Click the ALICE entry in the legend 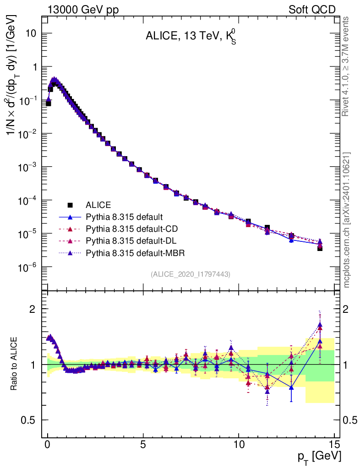[98, 204]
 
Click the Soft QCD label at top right [312, 10]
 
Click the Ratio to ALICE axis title [15, 364]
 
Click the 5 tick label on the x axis [143, 444]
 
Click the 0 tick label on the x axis [48, 444]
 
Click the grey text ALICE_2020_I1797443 [190, 274]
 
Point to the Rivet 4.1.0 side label [347, 66]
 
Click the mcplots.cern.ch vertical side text [347, 220]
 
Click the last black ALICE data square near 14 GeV [320, 248]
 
